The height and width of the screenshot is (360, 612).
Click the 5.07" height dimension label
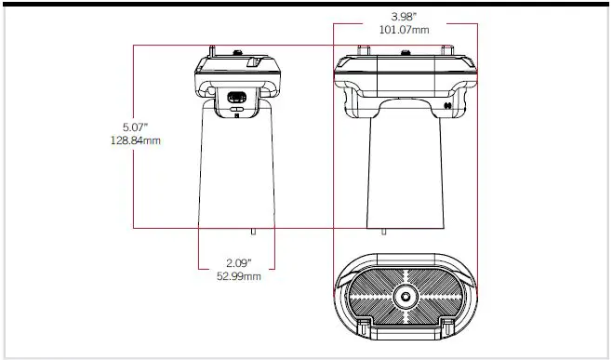[x=135, y=127]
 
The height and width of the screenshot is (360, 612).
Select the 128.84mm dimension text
[x=135, y=140]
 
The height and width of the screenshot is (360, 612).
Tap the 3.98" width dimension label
[x=406, y=17]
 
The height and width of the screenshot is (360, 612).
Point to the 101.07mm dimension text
[x=406, y=30]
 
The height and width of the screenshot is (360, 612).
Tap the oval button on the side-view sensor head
[x=236, y=97]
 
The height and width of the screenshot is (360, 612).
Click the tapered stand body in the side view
[x=238, y=167]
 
